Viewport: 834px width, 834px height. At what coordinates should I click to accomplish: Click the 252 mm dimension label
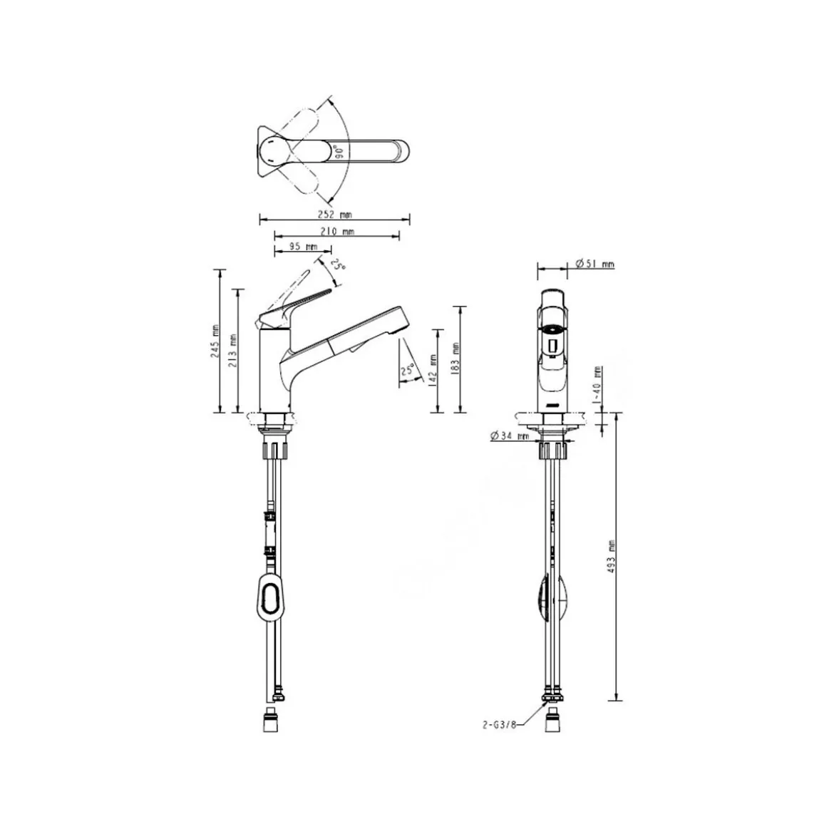[x=335, y=215]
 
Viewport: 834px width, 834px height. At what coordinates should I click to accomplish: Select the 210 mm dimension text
[x=337, y=232]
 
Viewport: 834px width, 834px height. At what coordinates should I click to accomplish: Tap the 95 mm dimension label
[x=303, y=246]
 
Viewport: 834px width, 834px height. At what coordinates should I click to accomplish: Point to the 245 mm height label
[x=215, y=341]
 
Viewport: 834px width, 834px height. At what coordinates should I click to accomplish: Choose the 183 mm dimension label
[x=455, y=359]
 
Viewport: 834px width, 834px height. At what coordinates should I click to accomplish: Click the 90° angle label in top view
[x=339, y=152]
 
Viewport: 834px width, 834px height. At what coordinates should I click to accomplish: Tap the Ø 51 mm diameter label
[x=595, y=264]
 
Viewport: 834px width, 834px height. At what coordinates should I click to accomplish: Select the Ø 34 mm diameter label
[x=510, y=436]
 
